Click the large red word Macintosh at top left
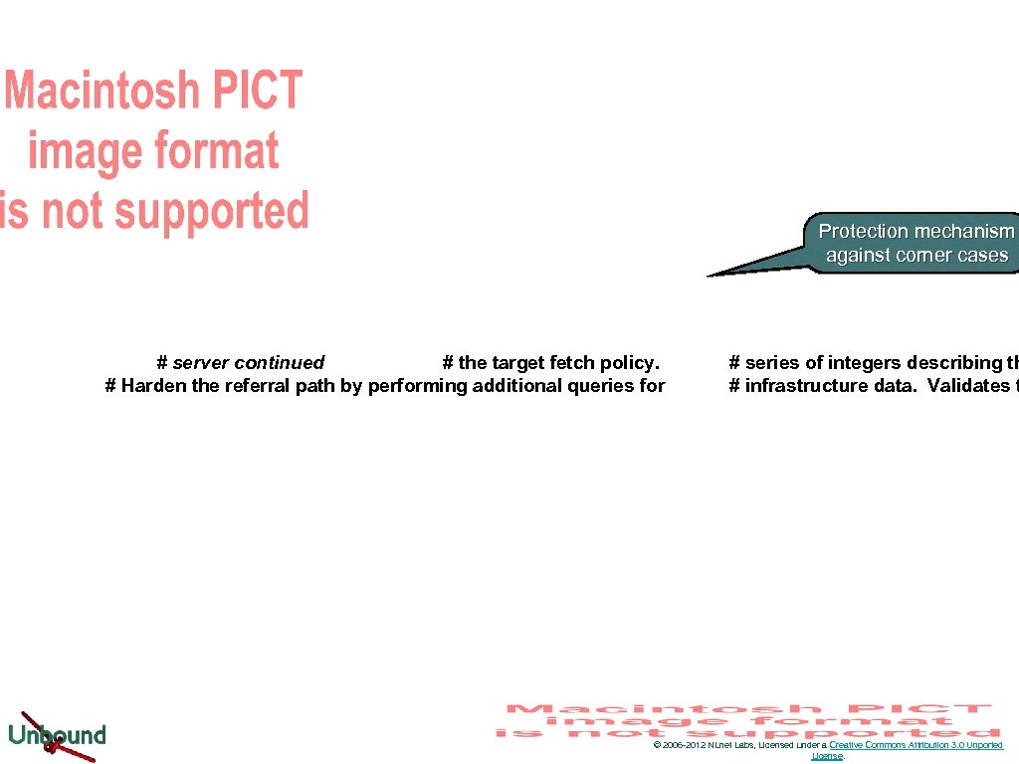click(102, 92)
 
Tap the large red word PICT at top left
click(256, 91)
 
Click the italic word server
click(200, 363)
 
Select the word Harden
click(153, 386)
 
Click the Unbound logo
click(57, 736)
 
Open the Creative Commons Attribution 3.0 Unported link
click(916, 745)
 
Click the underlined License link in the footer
click(827, 756)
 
